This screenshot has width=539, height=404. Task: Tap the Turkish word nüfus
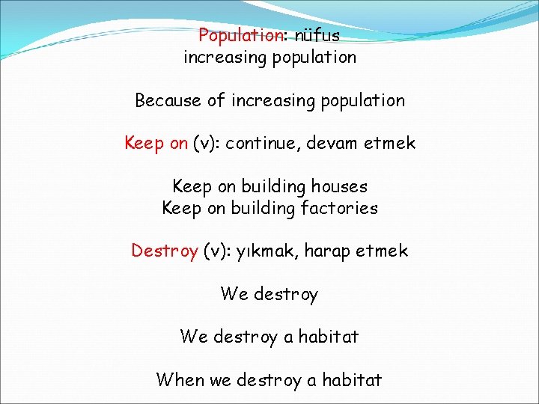click(x=317, y=35)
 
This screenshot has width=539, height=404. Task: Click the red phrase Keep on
click(x=156, y=143)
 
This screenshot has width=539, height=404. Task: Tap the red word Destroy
click(x=165, y=251)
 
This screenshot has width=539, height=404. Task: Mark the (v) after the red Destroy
click(x=215, y=251)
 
